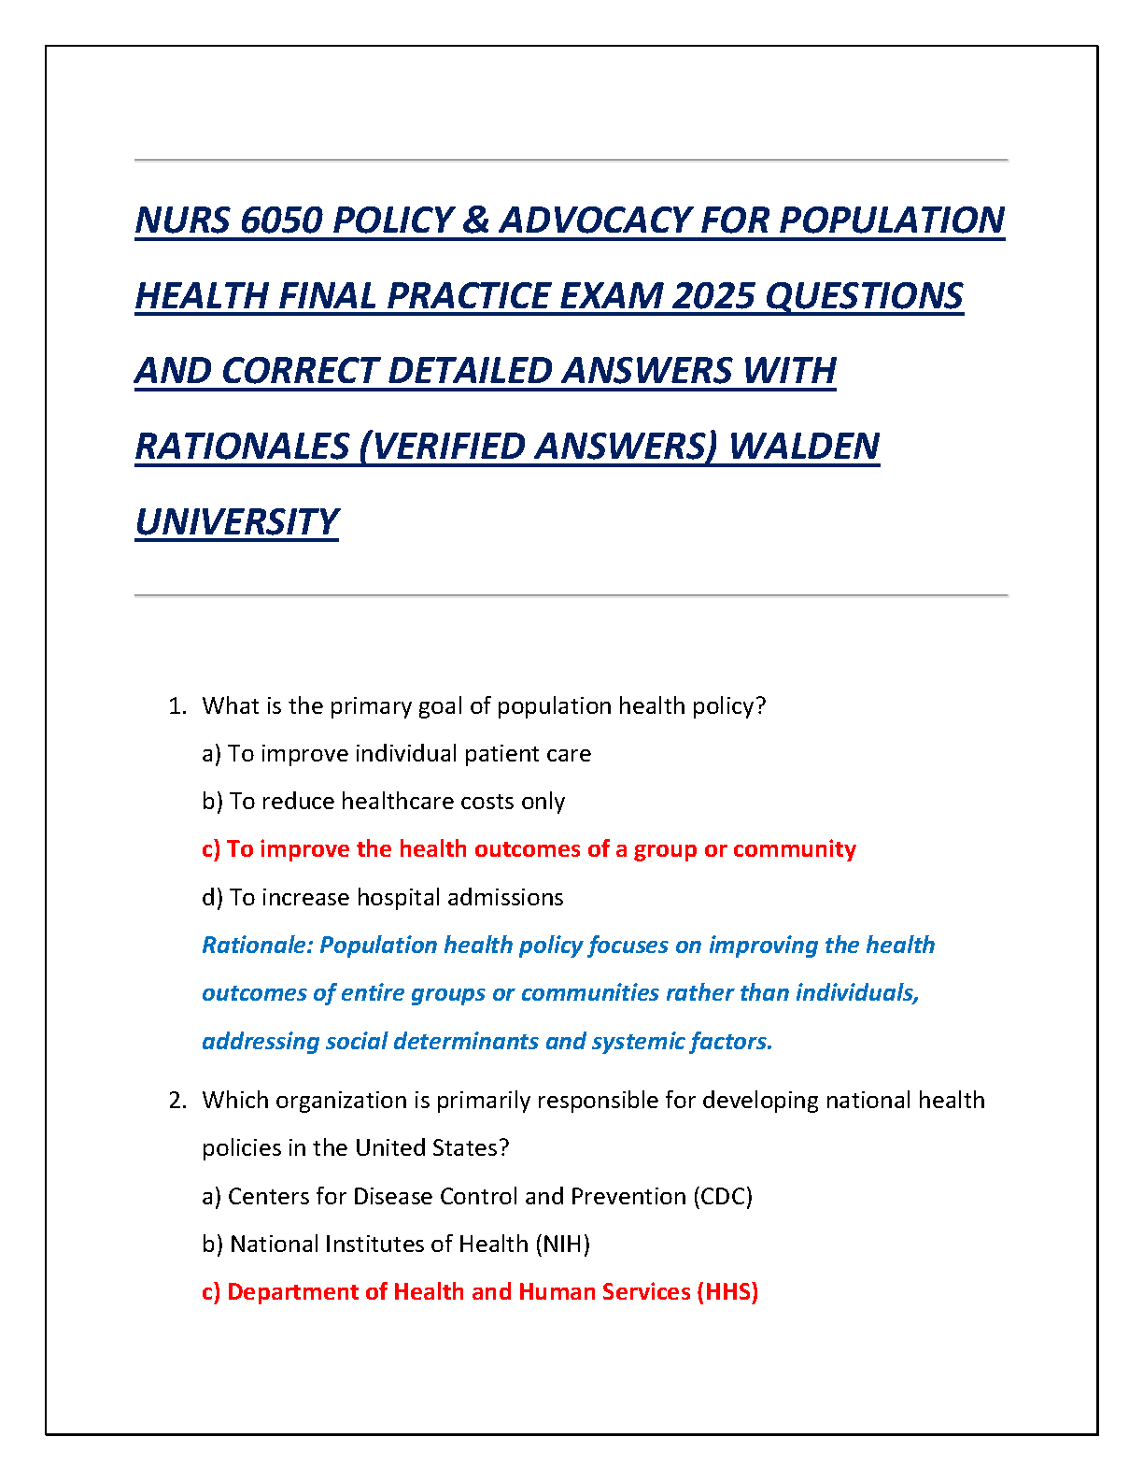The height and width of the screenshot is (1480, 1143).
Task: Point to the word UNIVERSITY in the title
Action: pyautogui.click(x=236, y=522)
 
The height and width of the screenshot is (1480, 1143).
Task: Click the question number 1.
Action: pyautogui.click(x=176, y=706)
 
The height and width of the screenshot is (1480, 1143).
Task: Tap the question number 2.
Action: pyautogui.click(x=176, y=1101)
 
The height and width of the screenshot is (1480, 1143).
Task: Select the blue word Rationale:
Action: pyautogui.click(x=258, y=946)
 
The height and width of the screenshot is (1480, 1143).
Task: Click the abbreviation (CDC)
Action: pyautogui.click(x=723, y=1197)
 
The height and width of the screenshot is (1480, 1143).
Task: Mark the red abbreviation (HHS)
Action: pyautogui.click(x=727, y=1292)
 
